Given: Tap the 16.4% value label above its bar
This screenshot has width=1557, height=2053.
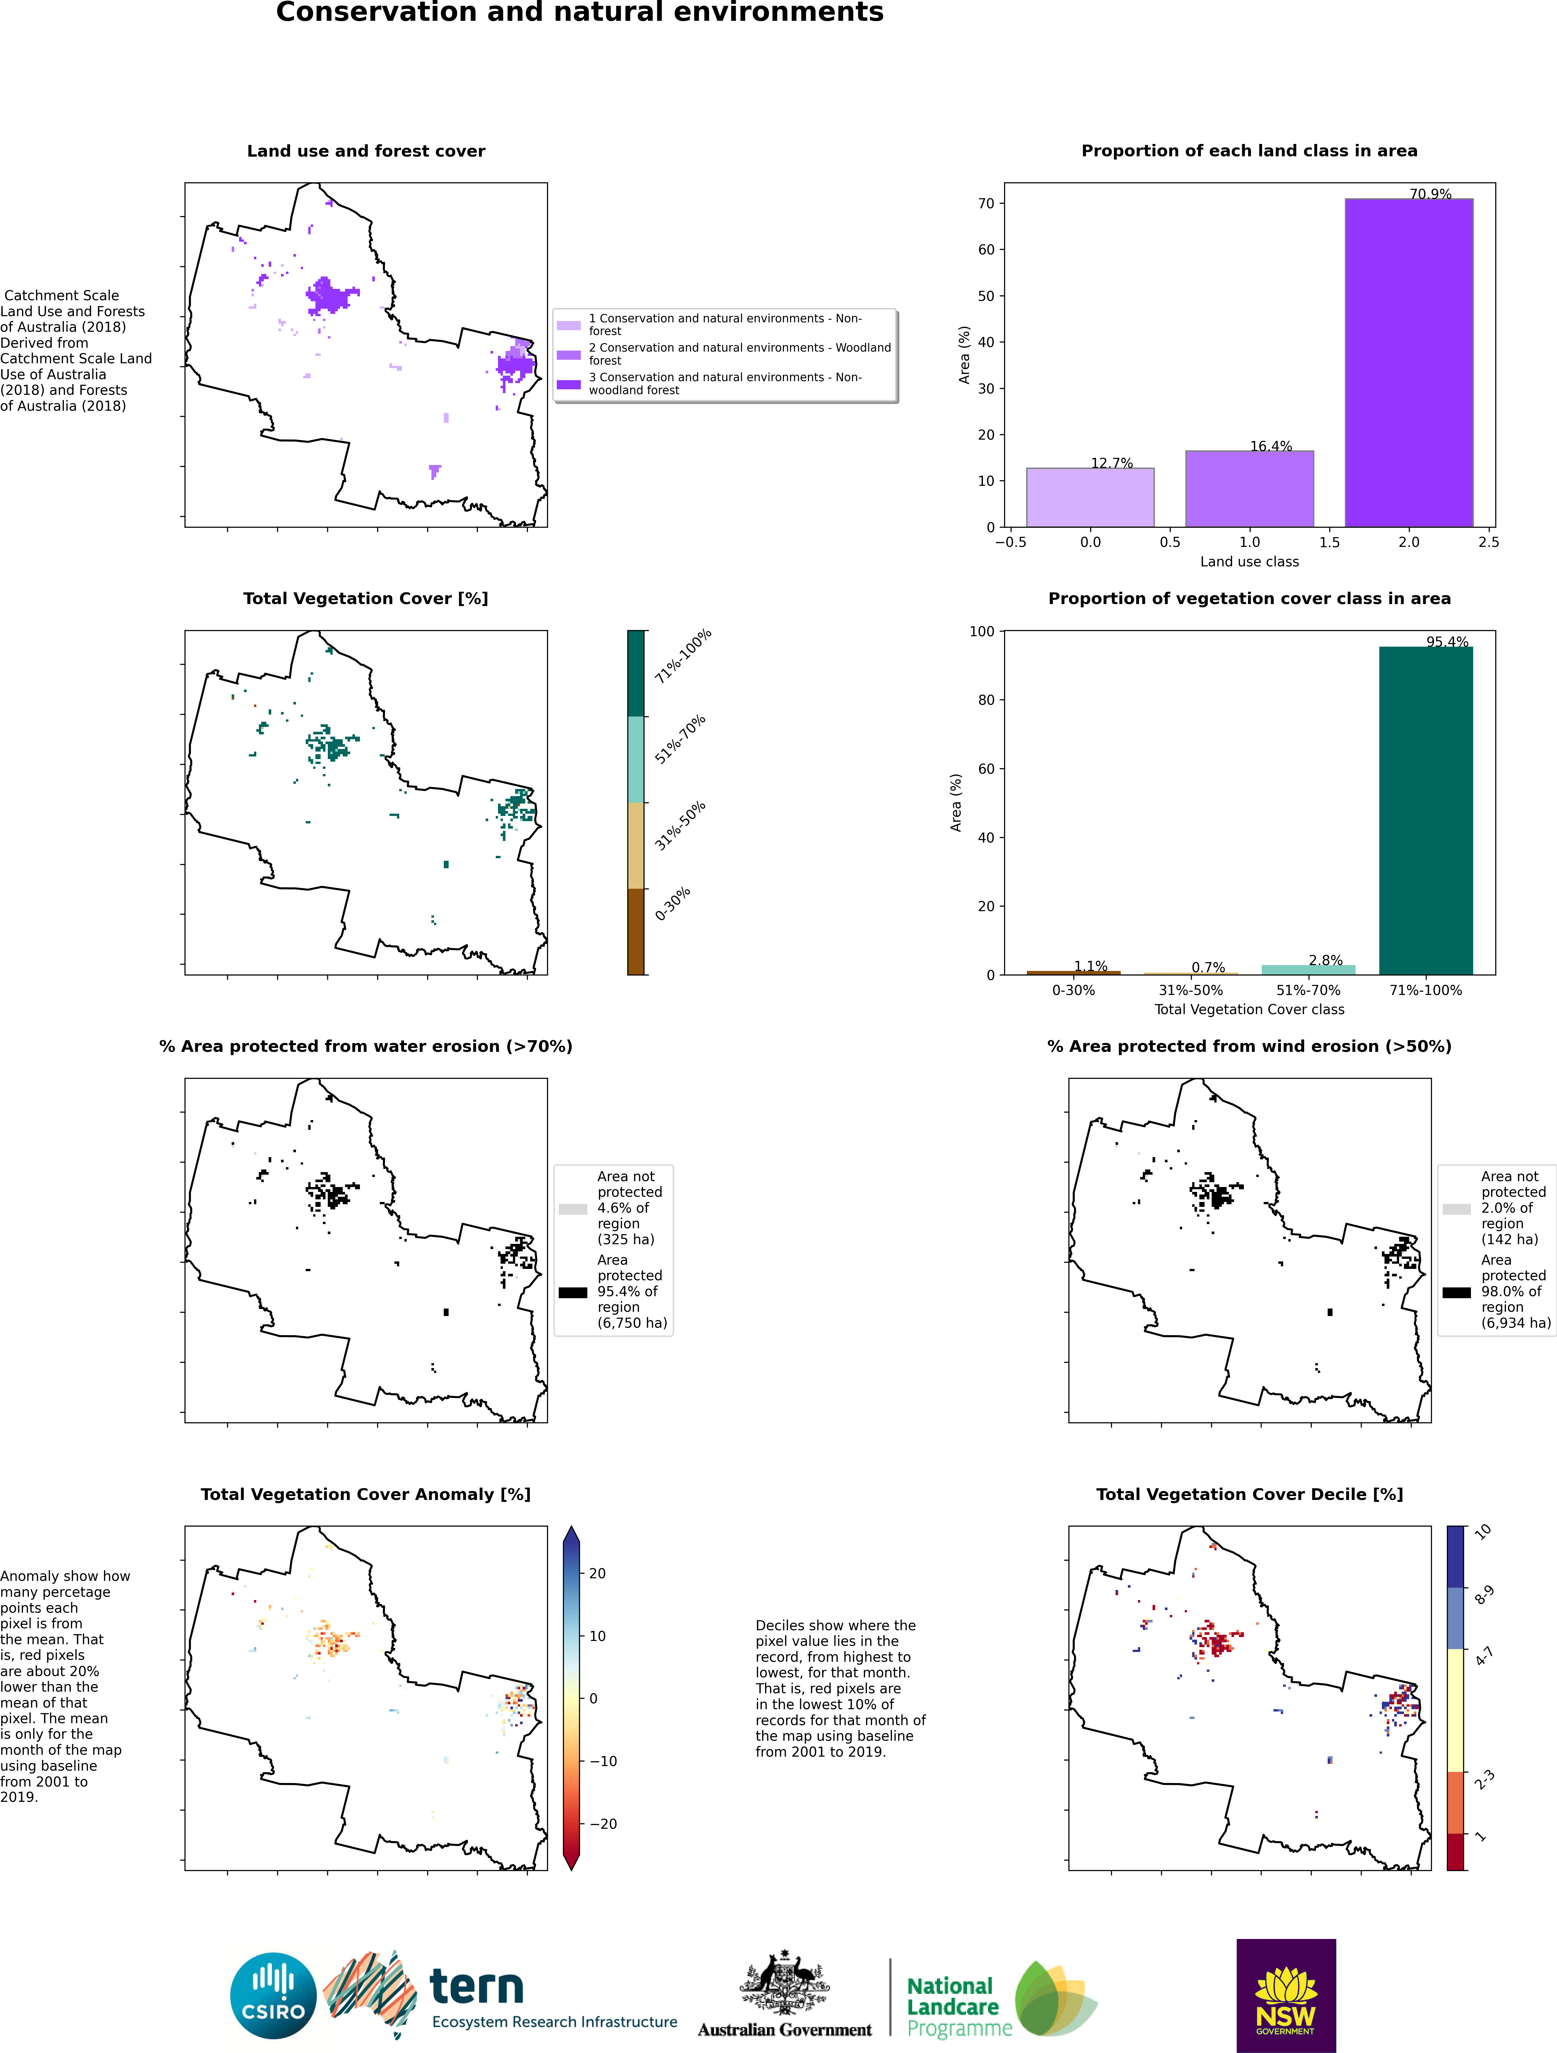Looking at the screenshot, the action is coord(1270,446).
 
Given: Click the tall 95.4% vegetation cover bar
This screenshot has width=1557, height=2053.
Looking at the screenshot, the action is coord(1425,810).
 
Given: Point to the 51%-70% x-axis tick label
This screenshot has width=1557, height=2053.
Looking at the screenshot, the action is coord(1308,990).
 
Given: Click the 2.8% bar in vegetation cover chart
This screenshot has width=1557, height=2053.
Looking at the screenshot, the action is coord(1308,970).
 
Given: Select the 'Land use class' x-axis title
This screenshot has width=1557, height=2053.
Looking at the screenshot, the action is coord(1249,562).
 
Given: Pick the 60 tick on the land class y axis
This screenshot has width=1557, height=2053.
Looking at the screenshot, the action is coord(985,250).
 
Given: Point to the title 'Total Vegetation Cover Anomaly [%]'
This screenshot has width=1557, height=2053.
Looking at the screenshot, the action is coord(365,1494).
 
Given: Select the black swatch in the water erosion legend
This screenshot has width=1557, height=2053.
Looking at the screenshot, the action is coord(572,1292).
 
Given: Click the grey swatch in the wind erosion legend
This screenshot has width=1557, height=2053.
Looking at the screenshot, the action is coord(1456,1209).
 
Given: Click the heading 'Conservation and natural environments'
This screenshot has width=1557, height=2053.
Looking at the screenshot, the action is coord(580,12).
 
